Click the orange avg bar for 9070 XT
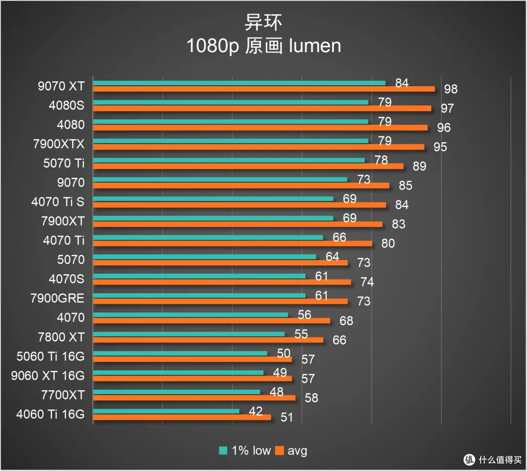tap(264, 89)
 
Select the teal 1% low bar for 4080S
tap(230, 102)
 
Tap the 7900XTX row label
tap(59, 144)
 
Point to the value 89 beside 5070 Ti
tap(420, 166)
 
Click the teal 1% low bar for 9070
tap(220, 179)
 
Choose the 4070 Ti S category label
tap(58, 202)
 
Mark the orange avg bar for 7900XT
tap(238, 224)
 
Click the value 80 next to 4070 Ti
tap(388, 243)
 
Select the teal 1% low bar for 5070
tap(204, 257)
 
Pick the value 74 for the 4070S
tap(367, 282)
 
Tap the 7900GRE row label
tap(58, 298)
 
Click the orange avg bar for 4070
tap(211, 320)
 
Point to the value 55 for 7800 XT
tap(301, 334)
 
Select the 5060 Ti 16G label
tap(51, 356)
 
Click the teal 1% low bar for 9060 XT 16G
tap(178, 373)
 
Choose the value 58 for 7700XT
tap(311, 398)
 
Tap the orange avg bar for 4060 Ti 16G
tap(182, 417)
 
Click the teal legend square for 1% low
tap(223, 451)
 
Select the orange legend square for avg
tap(279, 451)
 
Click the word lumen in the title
tap(315, 46)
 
